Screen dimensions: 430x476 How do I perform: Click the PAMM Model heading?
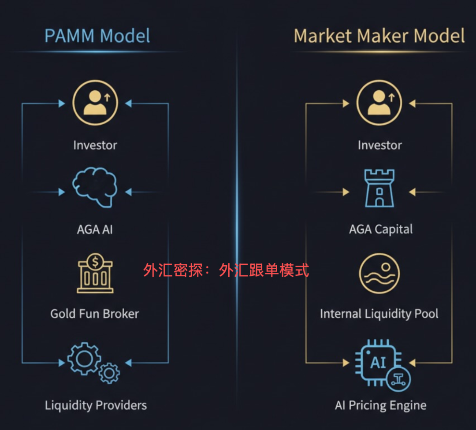[x=97, y=36]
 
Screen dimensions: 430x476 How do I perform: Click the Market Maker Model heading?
[x=379, y=36]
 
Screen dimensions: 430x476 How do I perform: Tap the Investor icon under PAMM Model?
[x=95, y=103]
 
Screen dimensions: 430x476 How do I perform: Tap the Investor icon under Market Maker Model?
[x=379, y=103]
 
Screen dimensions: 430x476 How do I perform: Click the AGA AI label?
[x=95, y=230]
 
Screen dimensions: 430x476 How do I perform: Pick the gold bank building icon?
[x=95, y=274]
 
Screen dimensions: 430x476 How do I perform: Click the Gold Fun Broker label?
[x=95, y=314]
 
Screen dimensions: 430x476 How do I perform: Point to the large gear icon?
[x=84, y=358]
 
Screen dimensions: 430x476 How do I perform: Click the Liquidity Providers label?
[x=96, y=405]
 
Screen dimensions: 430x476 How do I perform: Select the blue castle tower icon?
[x=379, y=189]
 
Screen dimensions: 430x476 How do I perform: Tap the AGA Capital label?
[x=381, y=230]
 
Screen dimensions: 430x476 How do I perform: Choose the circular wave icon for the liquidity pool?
[x=379, y=273]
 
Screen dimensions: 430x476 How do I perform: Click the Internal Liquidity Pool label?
[x=379, y=314]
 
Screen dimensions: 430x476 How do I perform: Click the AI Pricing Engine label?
[x=380, y=405]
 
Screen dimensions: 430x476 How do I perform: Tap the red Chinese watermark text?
[x=226, y=270]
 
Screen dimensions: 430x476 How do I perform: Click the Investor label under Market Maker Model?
[x=379, y=145]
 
